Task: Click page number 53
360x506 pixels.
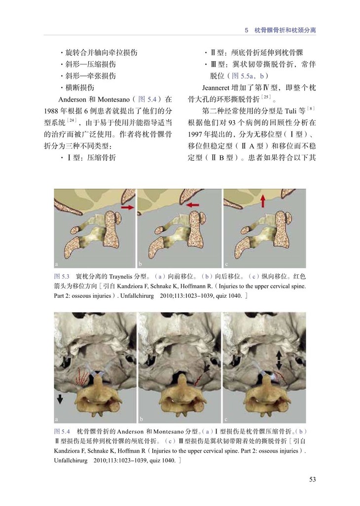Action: (312, 479)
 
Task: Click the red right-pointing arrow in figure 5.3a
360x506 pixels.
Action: (127, 207)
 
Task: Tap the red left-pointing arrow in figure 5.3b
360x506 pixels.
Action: (193, 204)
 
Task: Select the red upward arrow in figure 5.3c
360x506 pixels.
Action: (263, 201)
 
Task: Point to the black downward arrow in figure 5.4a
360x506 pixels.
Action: (60, 399)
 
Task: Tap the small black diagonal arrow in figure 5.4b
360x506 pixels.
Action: (207, 367)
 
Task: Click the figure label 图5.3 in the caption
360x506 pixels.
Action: (62, 277)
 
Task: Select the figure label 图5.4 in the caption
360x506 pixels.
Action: (62, 432)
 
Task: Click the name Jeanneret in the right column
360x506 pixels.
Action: (216, 88)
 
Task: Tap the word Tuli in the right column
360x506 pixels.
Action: (290, 111)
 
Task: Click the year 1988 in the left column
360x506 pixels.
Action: (51, 111)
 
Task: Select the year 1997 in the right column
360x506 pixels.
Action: (195, 134)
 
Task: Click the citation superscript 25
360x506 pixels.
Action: (266, 97)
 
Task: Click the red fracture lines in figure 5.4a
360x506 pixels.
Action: (81, 377)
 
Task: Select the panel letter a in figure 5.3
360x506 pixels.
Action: (56, 264)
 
